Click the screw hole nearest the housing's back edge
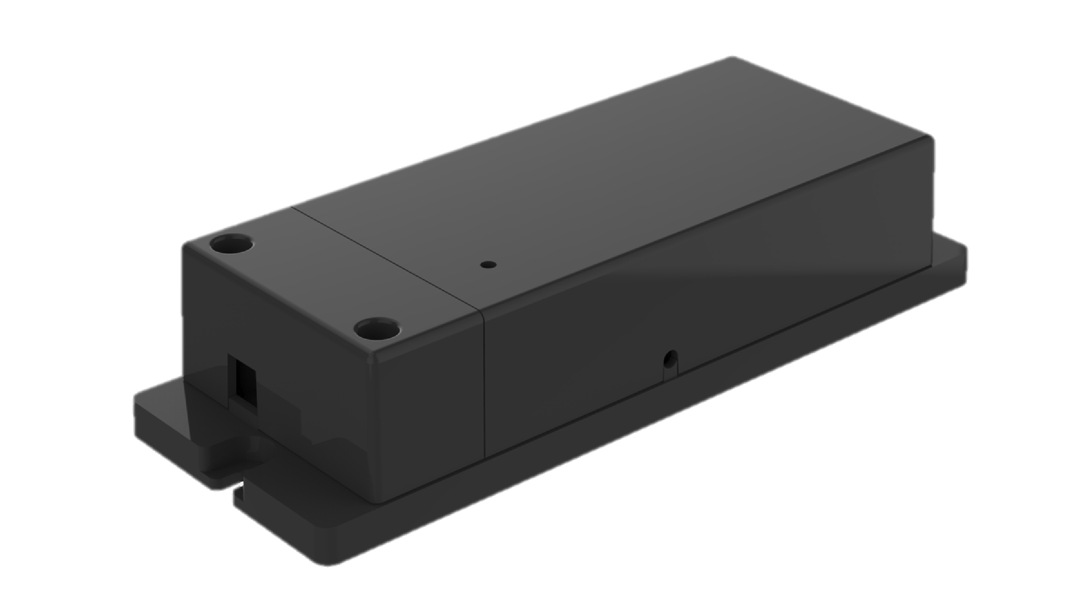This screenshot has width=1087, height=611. [233, 245]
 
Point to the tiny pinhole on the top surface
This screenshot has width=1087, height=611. [488, 265]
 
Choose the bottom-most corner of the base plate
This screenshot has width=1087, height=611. [333, 563]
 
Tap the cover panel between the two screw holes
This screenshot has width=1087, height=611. [304, 287]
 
